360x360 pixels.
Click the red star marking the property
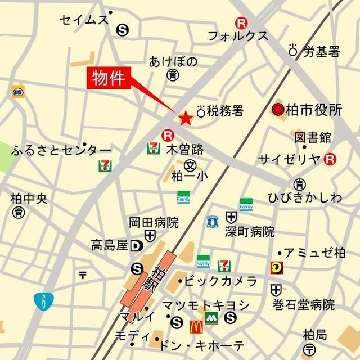pyautogui.click(x=185, y=118)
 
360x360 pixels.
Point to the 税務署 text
pyautogui.click(x=225, y=111)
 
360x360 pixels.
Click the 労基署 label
pyautogui.click(x=322, y=52)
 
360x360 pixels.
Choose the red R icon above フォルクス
pyautogui.click(x=241, y=23)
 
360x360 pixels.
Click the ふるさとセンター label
pyautogui.click(x=57, y=150)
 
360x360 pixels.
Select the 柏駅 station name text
pyautogui.click(x=155, y=280)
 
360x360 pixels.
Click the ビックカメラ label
pyautogui.click(x=220, y=281)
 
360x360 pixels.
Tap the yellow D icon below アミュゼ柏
pyautogui.click(x=277, y=268)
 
